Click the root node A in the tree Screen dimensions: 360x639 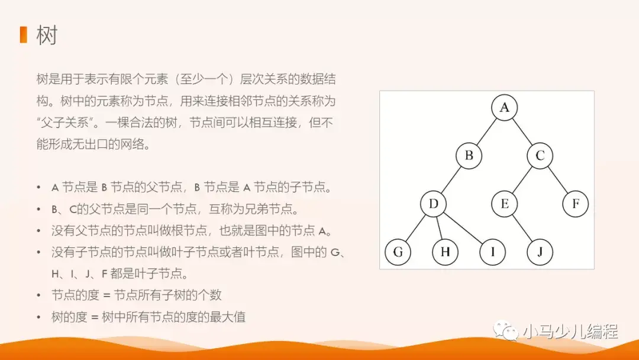504,108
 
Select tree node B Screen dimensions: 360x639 469,156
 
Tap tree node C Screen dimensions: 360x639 540,156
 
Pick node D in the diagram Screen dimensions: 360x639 433,204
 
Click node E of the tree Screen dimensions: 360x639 504,204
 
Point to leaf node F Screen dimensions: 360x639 575,204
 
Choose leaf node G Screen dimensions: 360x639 398,253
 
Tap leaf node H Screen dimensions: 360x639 445,253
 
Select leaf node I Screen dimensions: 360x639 492,253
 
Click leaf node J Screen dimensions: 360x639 540,253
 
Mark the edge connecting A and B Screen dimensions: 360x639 486,132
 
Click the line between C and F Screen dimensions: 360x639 557,181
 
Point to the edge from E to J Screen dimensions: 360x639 522,229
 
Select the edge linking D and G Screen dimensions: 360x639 415,229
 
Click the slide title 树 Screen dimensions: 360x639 47,36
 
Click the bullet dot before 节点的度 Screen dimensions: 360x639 39,295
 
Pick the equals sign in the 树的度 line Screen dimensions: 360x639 93,317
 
